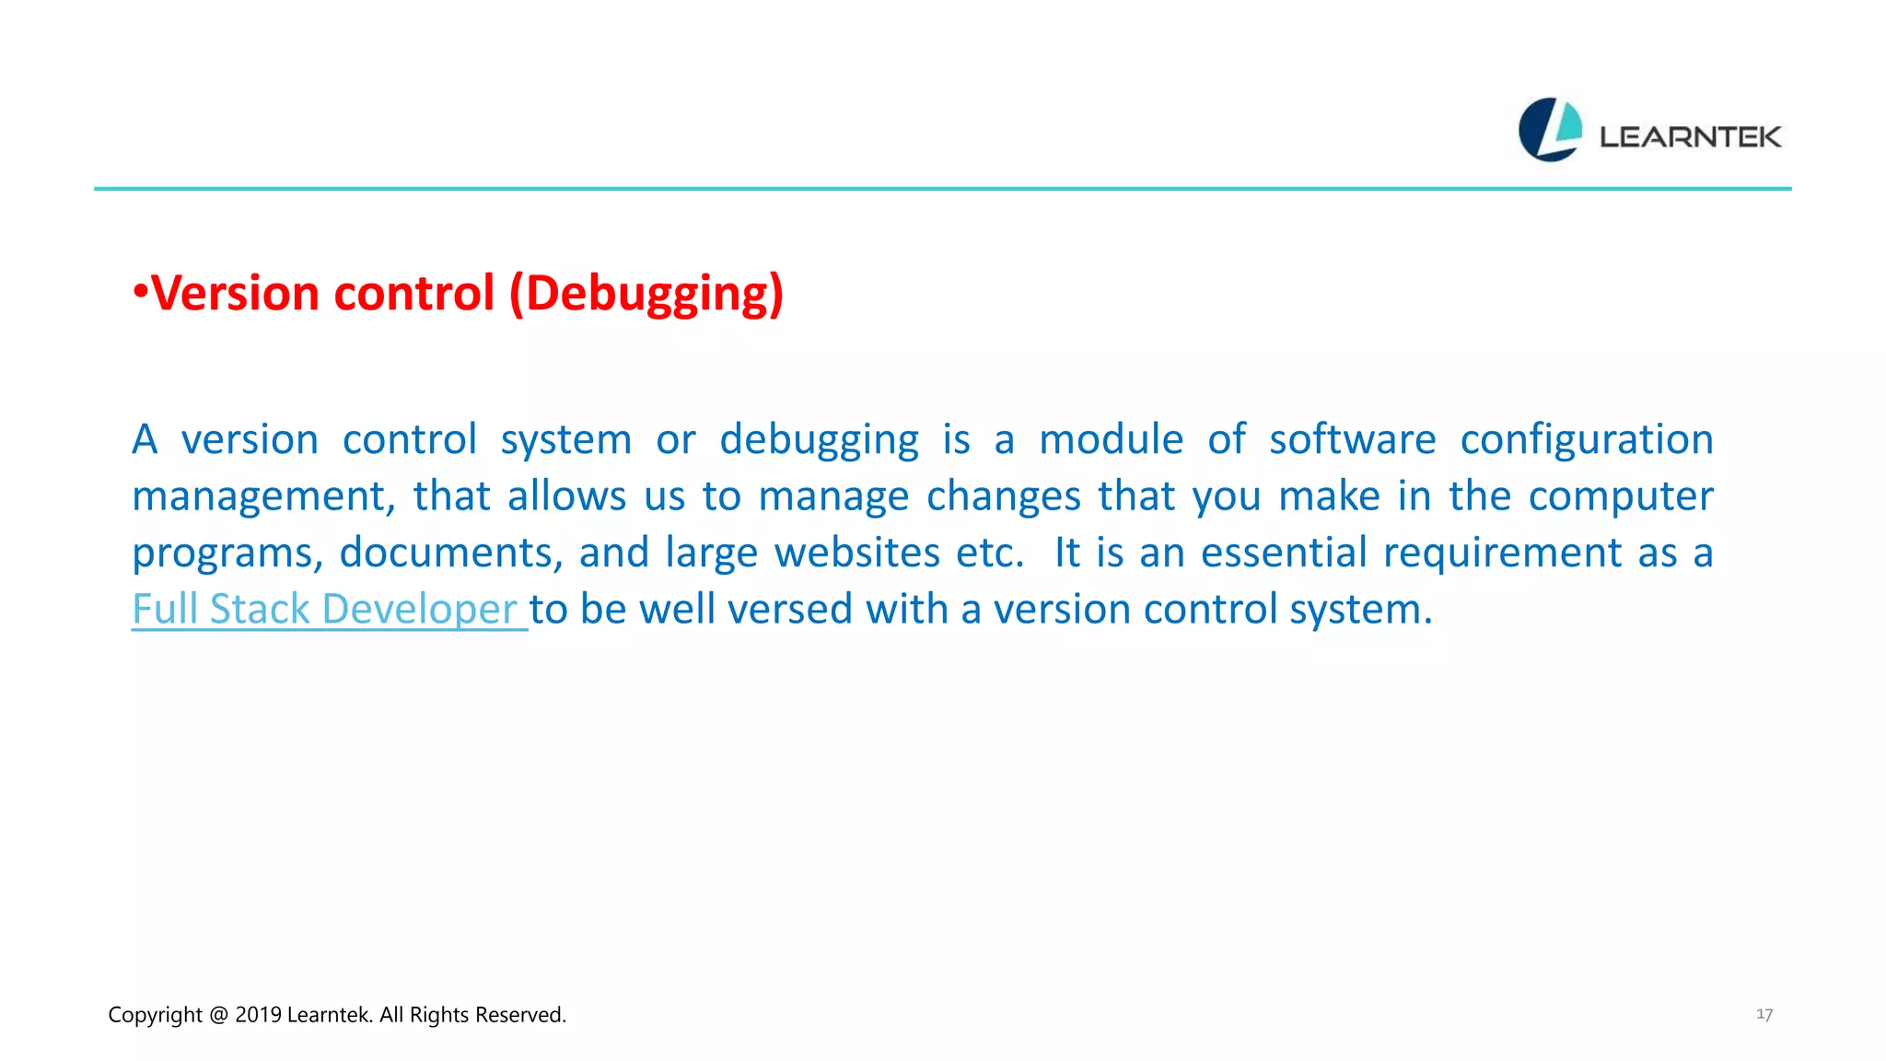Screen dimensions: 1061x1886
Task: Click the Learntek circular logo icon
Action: tap(1550, 130)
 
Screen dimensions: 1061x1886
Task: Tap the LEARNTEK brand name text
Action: tap(1690, 137)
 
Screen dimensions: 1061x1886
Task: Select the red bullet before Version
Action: tap(140, 292)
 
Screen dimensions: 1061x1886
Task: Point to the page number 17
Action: tap(1764, 1014)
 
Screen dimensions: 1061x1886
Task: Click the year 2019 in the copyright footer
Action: tap(258, 1015)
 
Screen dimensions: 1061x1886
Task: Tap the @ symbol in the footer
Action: tap(218, 1015)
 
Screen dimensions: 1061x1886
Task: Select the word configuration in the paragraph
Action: tap(1586, 440)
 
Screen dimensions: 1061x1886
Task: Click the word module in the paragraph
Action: tap(1111, 439)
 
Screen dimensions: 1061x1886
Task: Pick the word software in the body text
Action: tap(1352, 439)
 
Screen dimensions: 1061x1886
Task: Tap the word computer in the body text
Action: tap(1620, 496)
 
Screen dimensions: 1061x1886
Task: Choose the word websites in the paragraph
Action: tap(856, 553)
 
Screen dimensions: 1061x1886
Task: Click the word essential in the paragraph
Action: tap(1284, 553)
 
